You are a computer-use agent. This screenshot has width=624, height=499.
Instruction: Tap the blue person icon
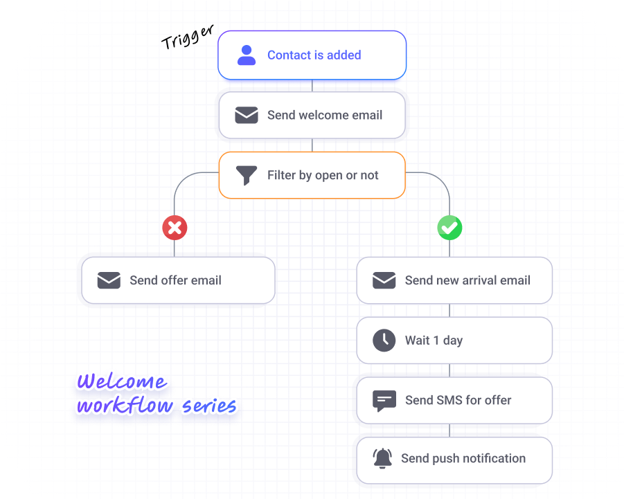click(247, 55)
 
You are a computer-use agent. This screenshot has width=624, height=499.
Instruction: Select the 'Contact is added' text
click(314, 55)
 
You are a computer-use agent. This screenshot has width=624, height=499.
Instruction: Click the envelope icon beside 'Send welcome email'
click(247, 115)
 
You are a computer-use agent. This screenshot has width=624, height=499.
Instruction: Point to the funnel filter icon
click(247, 175)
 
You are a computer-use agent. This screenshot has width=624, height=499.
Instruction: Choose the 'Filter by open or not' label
click(323, 175)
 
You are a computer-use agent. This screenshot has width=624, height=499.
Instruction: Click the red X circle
click(175, 228)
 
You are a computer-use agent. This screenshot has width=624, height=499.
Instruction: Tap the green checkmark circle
click(449, 228)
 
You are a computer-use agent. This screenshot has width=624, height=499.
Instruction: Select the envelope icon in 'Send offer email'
click(109, 280)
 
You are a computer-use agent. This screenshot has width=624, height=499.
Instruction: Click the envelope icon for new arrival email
click(384, 280)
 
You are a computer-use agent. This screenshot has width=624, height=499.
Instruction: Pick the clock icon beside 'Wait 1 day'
click(384, 341)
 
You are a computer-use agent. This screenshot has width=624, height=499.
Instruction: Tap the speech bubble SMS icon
click(384, 401)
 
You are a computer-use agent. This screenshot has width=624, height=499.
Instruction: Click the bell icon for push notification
click(382, 458)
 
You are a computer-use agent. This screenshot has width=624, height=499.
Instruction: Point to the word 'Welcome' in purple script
click(122, 381)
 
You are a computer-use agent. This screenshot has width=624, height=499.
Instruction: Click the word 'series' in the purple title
click(209, 406)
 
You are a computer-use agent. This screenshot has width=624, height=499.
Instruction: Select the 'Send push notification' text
click(463, 459)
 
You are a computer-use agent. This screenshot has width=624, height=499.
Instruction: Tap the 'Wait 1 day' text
click(434, 341)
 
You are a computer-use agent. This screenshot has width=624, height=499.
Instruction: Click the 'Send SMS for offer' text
click(458, 400)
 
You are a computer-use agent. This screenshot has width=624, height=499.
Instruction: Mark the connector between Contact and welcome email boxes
click(312, 86)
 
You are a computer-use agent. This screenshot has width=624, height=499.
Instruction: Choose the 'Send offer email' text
click(175, 280)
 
